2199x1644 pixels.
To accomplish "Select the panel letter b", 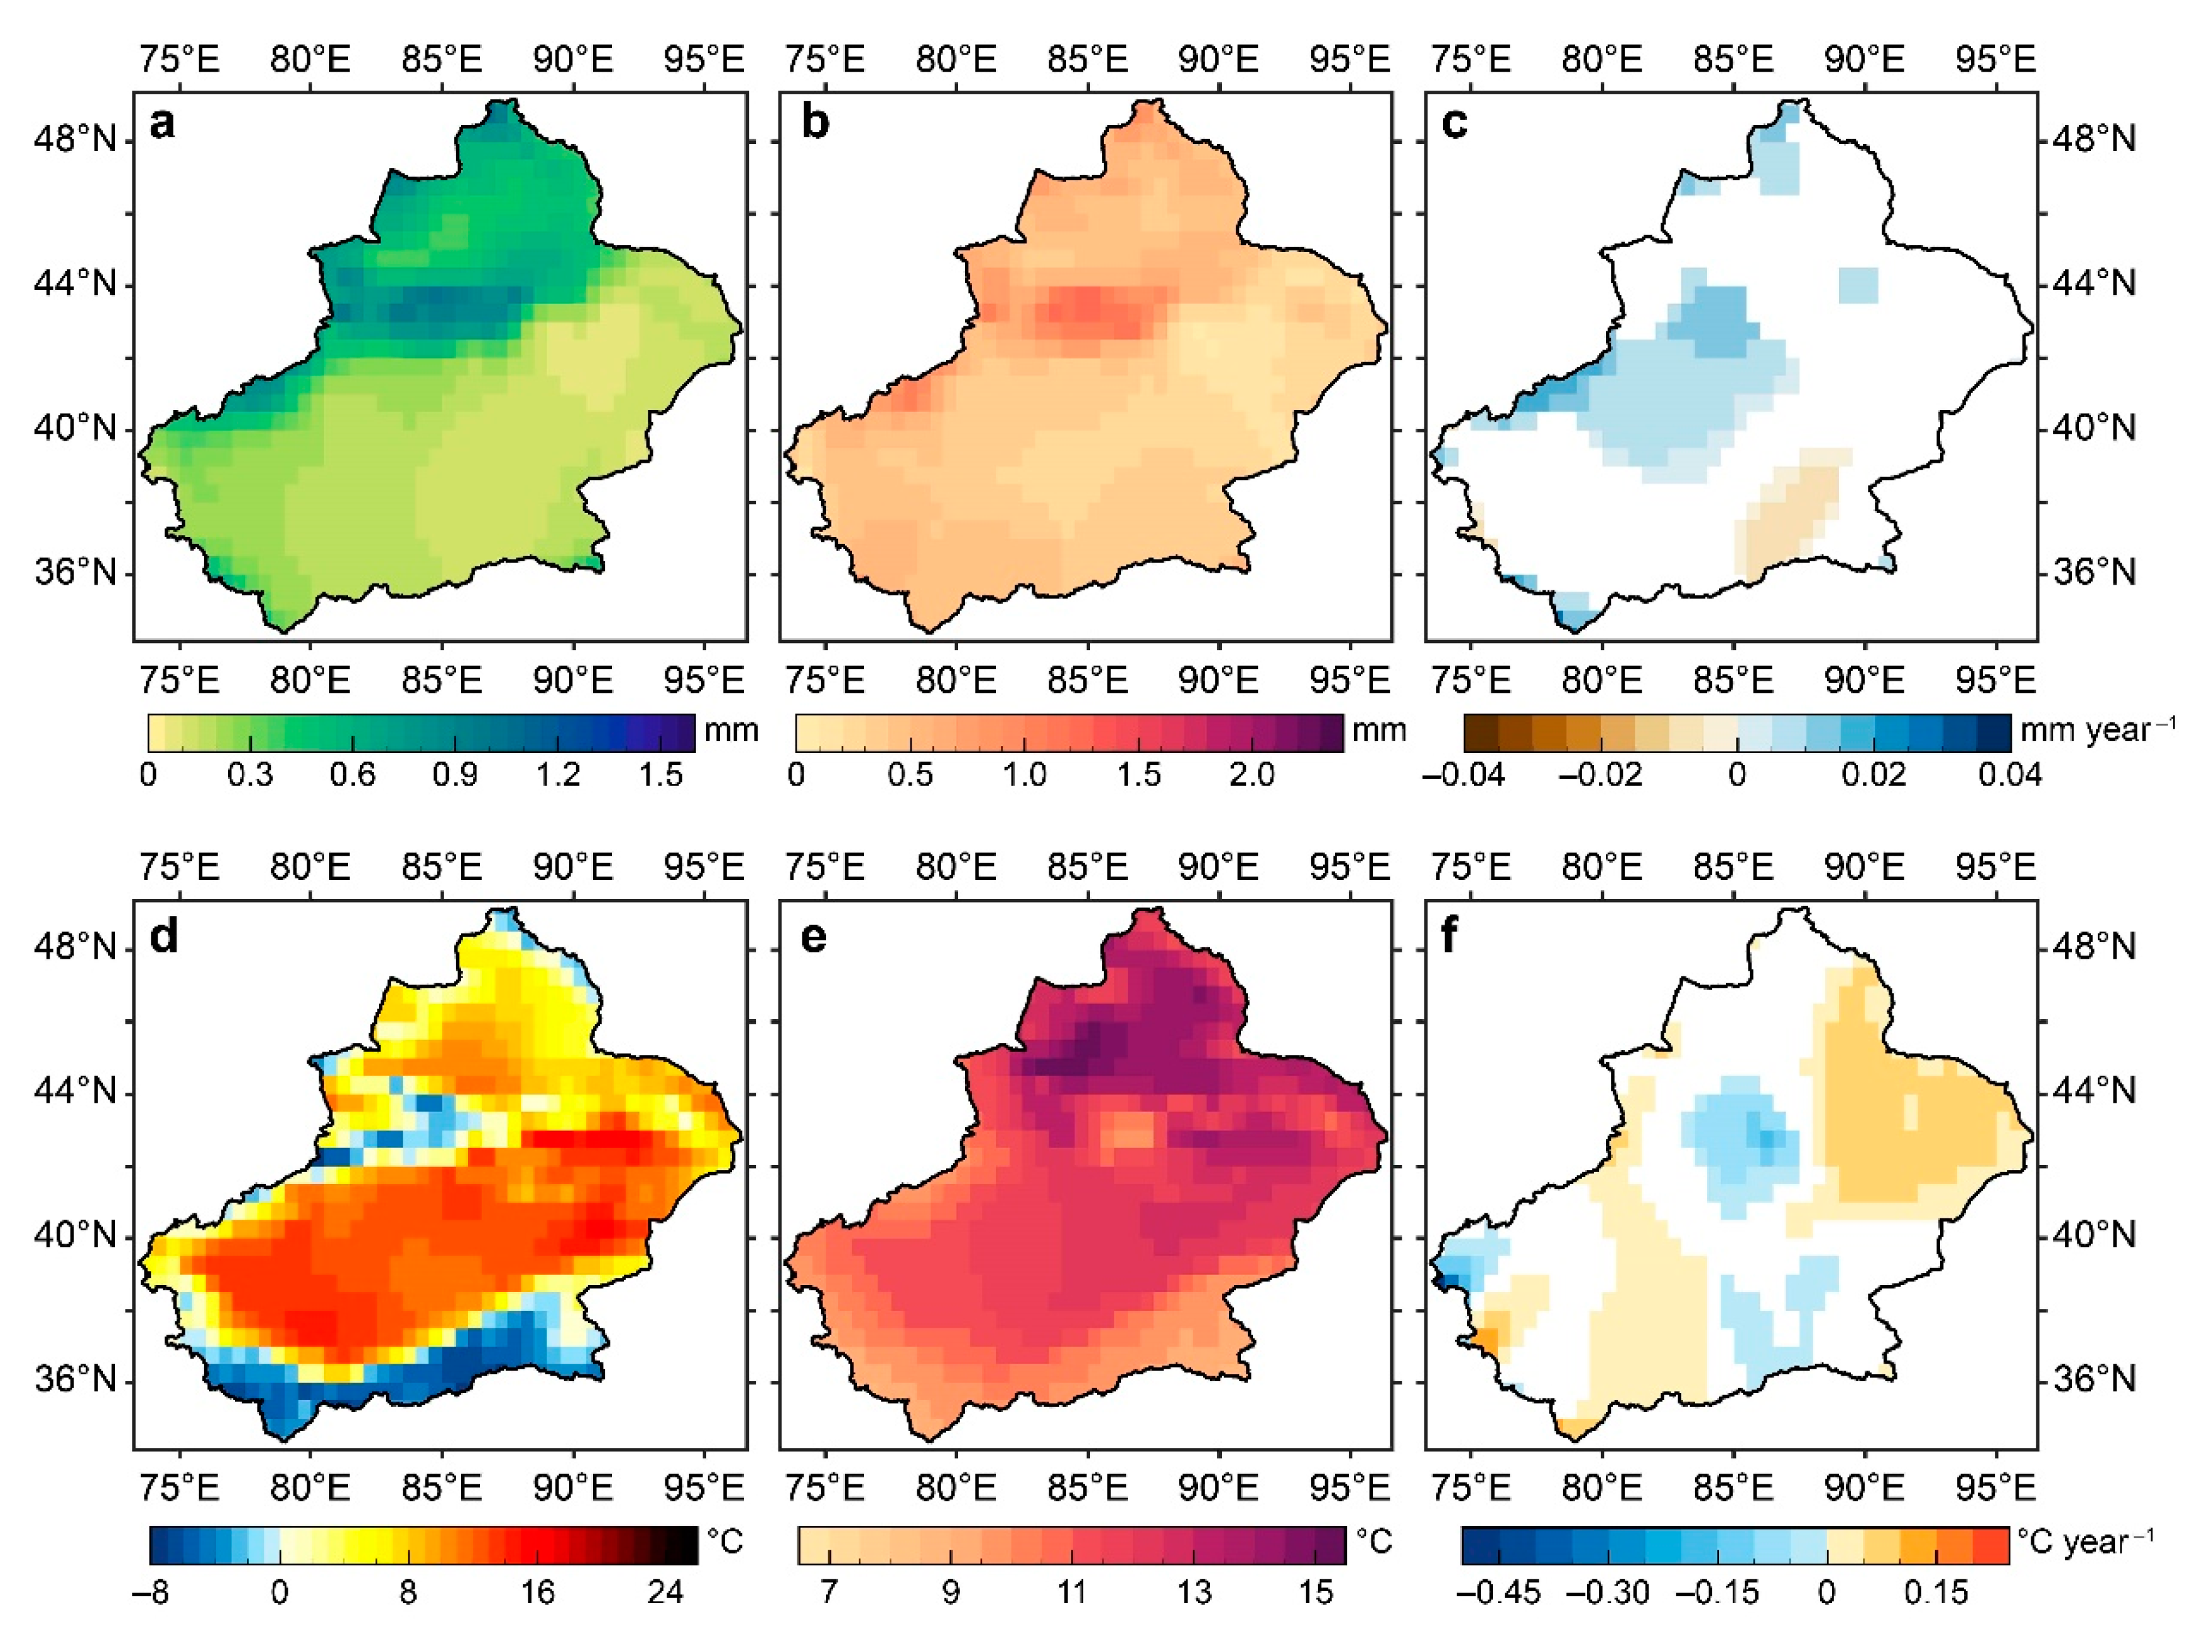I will point(815,123).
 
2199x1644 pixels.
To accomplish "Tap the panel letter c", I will point(1454,123).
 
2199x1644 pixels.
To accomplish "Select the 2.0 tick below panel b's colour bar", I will point(1252,775).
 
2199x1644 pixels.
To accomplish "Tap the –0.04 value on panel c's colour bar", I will point(1463,775).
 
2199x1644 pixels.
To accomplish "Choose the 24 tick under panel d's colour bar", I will point(665,1592).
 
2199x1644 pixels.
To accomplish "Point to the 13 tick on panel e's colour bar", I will point(1194,1592).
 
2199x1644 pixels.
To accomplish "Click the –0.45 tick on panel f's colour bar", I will point(1498,1592).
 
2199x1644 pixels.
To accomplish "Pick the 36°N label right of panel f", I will point(2095,1379).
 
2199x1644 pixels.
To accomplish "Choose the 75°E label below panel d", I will point(179,1488).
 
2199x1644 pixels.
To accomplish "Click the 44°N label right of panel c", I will point(2095,284).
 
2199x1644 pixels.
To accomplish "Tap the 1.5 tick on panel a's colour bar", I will point(660,775).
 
